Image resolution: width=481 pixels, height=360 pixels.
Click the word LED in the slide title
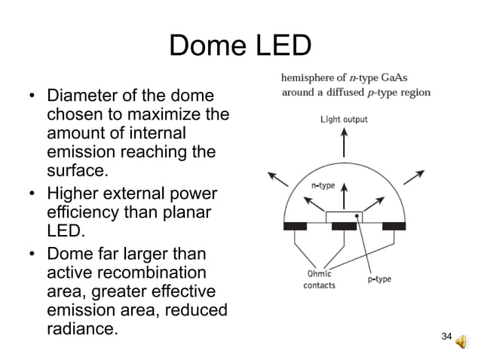[x=281, y=46]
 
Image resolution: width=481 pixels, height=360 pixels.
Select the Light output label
[x=344, y=119]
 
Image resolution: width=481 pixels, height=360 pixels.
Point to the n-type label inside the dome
[x=323, y=184]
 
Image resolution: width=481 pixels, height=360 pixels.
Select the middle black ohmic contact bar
[x=344, y=226]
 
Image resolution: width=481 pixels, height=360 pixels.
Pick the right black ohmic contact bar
[x=392, y=226]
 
